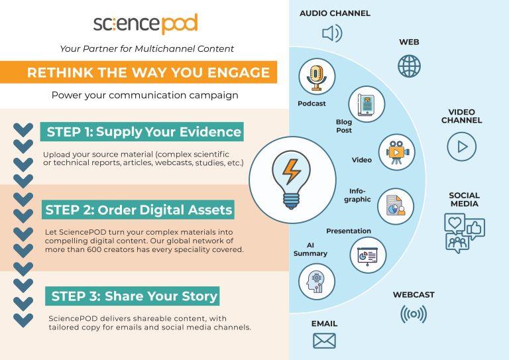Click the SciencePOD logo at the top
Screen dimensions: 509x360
145,24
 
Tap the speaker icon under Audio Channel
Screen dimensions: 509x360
332,33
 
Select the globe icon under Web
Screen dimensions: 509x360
409,66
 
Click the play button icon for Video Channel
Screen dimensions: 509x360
461,147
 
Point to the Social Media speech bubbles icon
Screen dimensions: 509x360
464,233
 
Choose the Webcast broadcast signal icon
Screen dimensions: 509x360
414,314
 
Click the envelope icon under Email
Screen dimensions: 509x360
324,341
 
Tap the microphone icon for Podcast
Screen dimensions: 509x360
317,78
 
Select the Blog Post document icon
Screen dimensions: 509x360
367,104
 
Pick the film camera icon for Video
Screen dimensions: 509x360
397,152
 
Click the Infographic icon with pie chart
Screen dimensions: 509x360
396,206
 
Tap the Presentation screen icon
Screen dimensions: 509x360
368,255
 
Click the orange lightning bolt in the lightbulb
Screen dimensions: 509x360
291,172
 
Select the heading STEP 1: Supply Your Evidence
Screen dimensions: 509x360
144,132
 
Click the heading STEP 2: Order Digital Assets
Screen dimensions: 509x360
139,210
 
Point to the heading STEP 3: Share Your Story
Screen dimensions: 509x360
134,296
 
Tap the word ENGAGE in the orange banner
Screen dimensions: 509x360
239,72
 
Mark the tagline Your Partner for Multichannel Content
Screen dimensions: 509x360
146,48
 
